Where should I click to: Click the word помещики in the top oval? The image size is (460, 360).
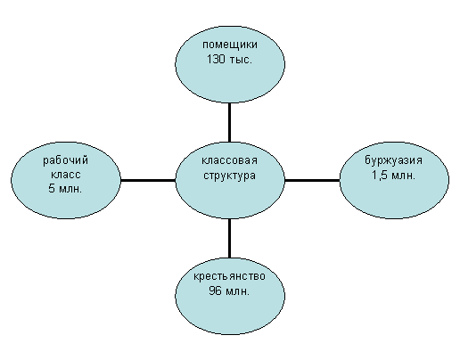point(230,45)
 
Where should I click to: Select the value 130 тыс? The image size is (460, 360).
point(229,60)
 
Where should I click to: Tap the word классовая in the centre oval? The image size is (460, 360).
point(229,160)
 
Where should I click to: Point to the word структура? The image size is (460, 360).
point(229,176)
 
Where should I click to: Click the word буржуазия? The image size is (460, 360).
point(393,160)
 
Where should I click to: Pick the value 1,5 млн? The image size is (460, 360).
point(393,176)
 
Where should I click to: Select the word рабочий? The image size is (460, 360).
point(66,160)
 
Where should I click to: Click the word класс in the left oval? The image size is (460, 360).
point(66,175)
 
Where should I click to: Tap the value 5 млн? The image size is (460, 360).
point(65,188)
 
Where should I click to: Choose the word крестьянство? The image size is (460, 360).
point(229,276)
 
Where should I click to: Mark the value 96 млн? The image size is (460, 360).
point(229,290)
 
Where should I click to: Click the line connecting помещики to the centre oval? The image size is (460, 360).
point(229,122)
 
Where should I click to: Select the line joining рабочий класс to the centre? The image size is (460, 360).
point(148,180)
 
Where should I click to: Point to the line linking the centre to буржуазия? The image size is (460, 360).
point(312,180)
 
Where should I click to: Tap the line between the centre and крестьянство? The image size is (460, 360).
point(229,238)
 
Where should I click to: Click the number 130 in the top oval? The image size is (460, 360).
point(216,60)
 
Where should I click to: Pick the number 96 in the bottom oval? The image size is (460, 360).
point(215,290)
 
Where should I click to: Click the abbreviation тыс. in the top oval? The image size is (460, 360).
point(241,60)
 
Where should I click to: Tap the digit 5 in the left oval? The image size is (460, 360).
point(52,188)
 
